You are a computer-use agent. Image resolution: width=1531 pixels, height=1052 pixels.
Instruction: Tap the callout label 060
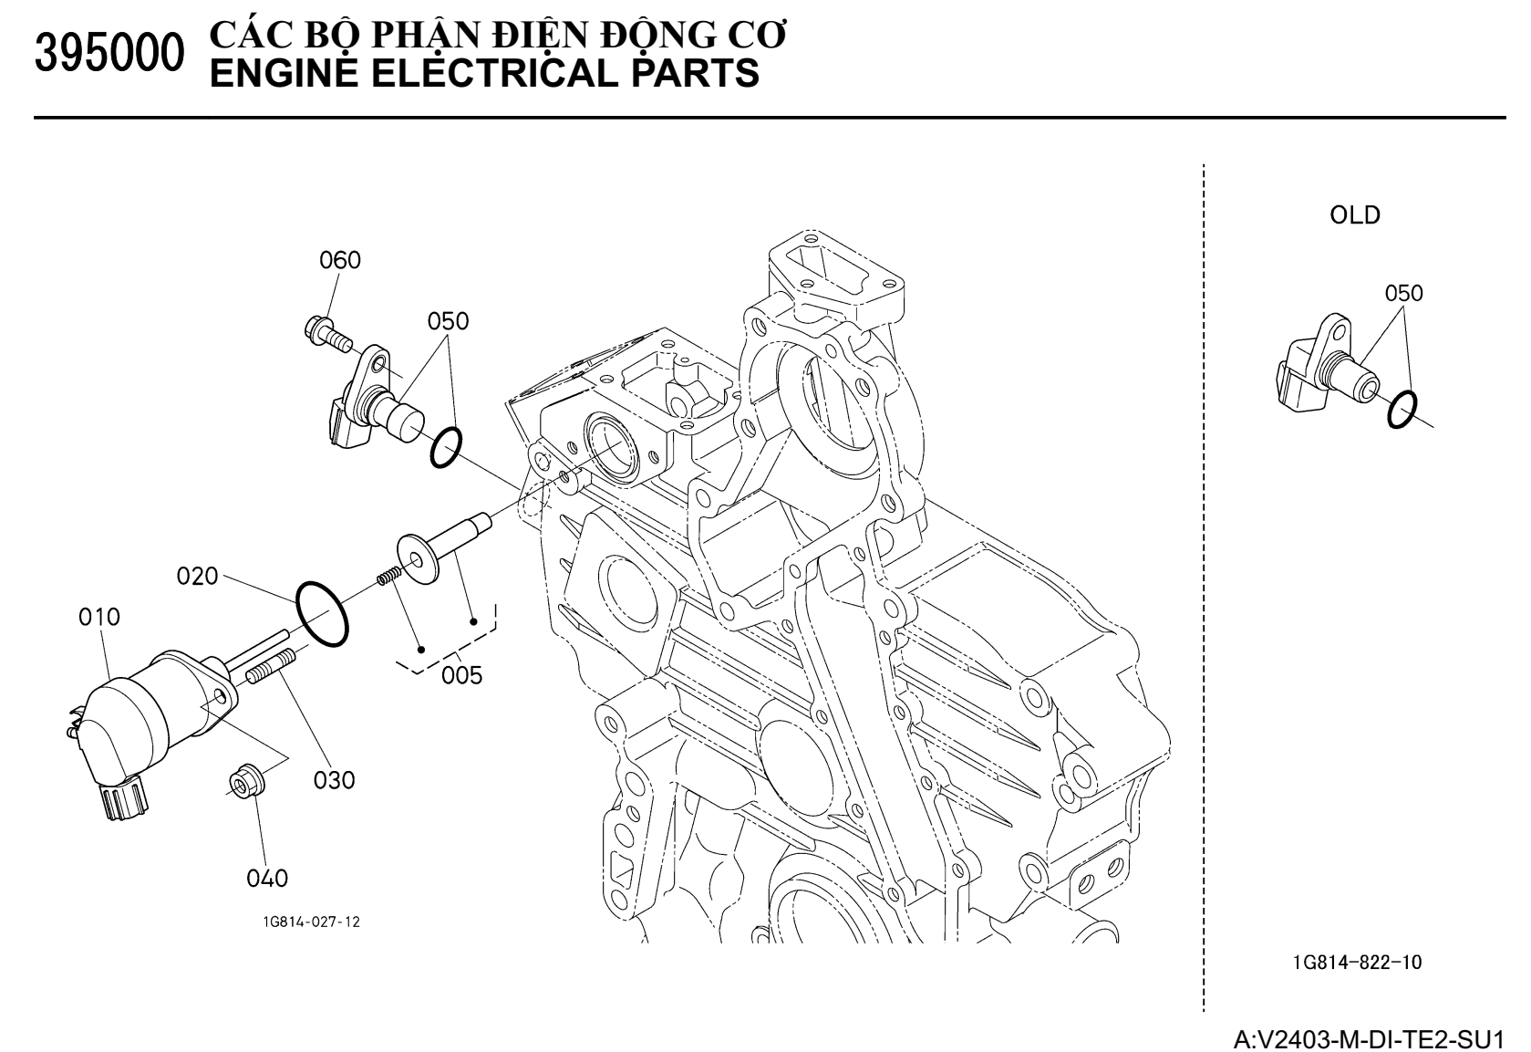point(340,261)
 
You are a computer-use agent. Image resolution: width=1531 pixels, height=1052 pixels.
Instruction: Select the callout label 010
point(98,618)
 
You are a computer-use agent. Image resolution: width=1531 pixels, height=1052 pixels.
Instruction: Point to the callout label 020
point(198,577)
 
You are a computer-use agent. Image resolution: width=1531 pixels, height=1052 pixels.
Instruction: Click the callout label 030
point(335,781)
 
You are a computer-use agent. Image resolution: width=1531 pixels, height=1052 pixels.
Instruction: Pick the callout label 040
point(267,879)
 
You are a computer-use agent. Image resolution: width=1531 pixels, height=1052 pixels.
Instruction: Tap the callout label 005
point(462,676)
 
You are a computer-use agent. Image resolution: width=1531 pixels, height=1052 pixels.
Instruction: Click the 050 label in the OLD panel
point(1403,294)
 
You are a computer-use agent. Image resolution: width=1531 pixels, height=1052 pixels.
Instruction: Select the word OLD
point(1355,216)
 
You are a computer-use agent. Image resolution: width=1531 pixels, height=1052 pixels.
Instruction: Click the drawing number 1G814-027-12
point(312,922)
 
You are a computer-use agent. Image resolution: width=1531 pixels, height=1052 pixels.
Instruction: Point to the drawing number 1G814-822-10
point(1356,963)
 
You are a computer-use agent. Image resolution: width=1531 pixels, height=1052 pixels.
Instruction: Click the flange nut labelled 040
point(244,781)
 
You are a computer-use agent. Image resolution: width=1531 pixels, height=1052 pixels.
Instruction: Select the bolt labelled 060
point(327,334)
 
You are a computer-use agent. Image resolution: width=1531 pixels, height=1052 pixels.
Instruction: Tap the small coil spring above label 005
point(388,578)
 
